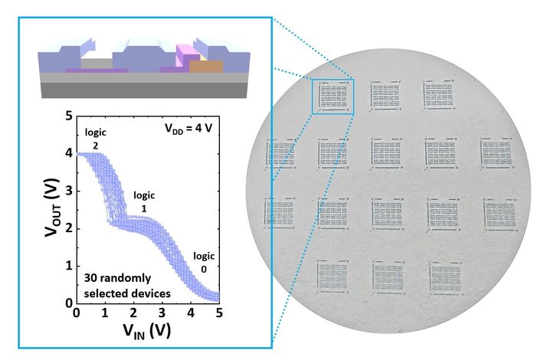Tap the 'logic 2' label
point(95,139)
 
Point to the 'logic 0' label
point(204,263)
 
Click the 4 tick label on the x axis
point(191,314)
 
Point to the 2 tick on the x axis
point(133,314)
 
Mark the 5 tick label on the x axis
point(219,314)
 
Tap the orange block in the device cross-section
point(206,67)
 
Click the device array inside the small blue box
point(333,97)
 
